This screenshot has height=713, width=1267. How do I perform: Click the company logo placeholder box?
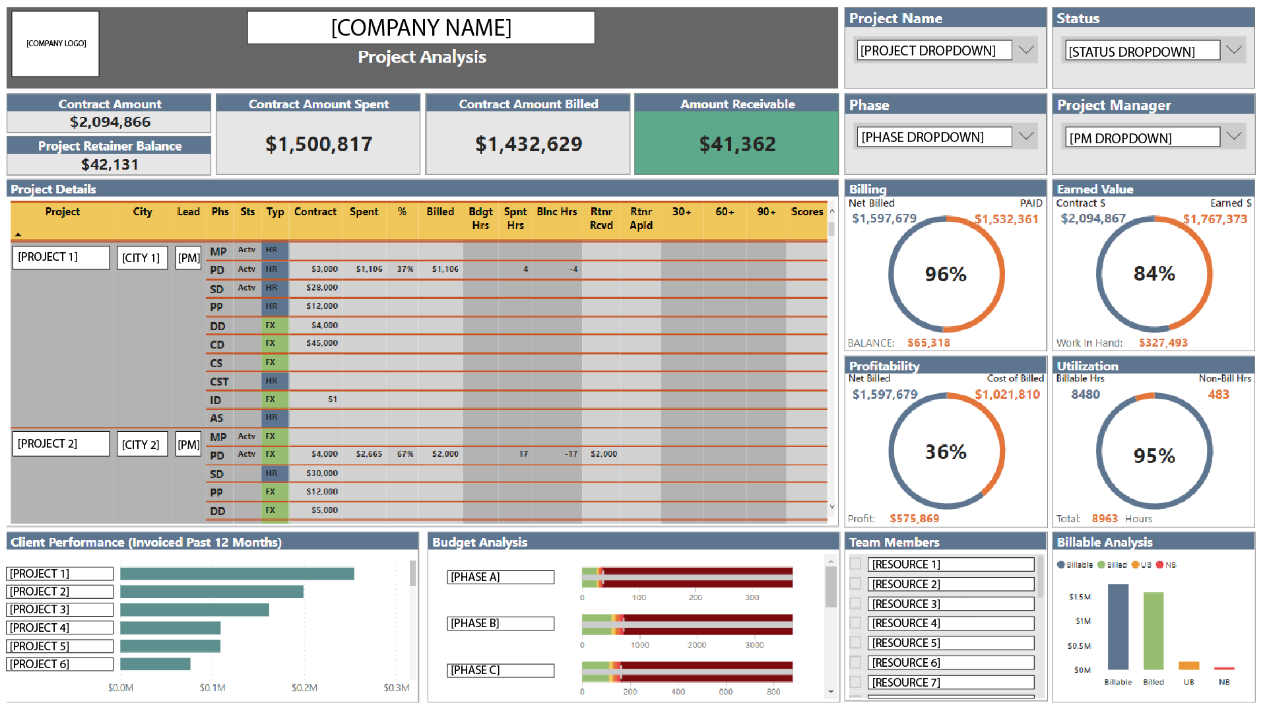click(x=55, y=44)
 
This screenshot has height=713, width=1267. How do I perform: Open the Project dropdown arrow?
click(x=1025, y=50)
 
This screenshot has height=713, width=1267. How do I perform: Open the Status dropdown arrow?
click(x=1234, y=51)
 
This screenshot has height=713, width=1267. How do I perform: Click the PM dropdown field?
click(x=1142, y=137)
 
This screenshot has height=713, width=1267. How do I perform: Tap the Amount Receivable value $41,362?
click(x=737, y=144)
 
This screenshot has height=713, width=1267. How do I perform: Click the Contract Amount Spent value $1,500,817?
click(x=319, y=144)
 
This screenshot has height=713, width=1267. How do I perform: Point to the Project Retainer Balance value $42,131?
click(x=110, y=164)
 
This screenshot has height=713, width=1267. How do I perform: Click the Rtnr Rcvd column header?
click(x=601, y=219)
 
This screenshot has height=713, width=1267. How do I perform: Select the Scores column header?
click(x=807, y=212)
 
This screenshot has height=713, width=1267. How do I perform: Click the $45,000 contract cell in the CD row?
click(x=322, y=343)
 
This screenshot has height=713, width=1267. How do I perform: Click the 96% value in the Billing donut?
click(x=946, y=274)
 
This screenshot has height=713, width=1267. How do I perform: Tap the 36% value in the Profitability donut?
click(x=946, y=452)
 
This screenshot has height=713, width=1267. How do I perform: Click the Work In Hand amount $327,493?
click(x=1163, y=343)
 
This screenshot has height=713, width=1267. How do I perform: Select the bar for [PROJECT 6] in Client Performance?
click(x=155, y=664)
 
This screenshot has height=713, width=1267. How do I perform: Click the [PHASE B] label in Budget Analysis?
click(x=500, y=623)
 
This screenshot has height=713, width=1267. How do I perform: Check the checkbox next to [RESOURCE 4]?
click(x=855, y=623)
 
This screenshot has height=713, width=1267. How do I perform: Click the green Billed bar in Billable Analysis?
click(x=1153, y=631)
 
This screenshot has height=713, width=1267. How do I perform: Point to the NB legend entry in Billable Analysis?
click(x=1166, y=565)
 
